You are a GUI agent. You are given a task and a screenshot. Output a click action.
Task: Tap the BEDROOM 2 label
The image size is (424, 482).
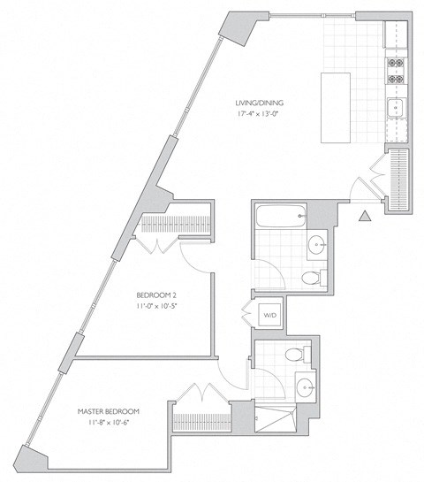pos(157,295)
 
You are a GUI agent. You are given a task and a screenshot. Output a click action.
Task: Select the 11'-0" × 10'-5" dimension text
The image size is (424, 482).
pos(157,306)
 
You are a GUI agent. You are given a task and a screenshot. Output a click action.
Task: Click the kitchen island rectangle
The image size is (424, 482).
pos(336,108)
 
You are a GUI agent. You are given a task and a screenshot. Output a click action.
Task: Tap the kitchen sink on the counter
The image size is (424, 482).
pos(395,109)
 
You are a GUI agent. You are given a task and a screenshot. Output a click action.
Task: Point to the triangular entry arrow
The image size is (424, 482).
pos(364,215)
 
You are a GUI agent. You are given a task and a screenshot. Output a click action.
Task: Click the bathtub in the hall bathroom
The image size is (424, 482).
pos(279,217)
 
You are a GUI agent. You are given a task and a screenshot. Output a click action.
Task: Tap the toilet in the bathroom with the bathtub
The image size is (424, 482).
pos(310,278)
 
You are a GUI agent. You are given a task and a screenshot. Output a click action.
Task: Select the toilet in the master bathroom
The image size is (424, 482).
pos(298,355)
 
